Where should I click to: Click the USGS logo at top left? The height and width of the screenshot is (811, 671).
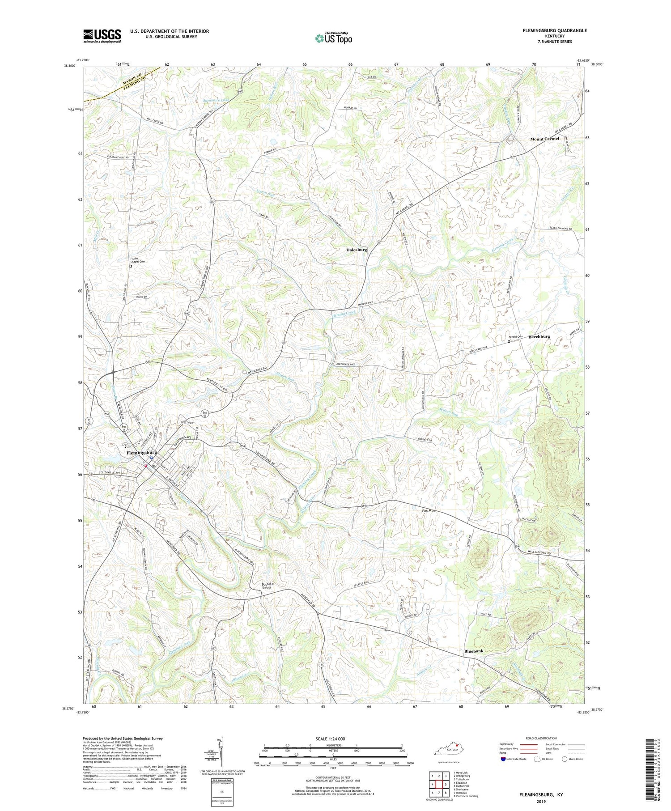(x=102, y=36)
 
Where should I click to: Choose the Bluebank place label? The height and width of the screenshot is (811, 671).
(x=474, y=651)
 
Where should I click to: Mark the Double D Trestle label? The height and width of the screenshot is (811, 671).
(x=267, y=586)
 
